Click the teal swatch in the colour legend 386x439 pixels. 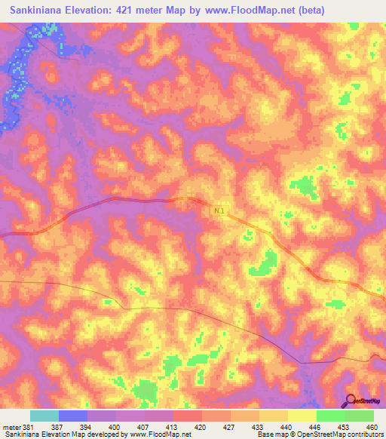[44, 416]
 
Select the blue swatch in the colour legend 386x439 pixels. [73, 416]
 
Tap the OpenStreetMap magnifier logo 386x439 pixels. [351, 401]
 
